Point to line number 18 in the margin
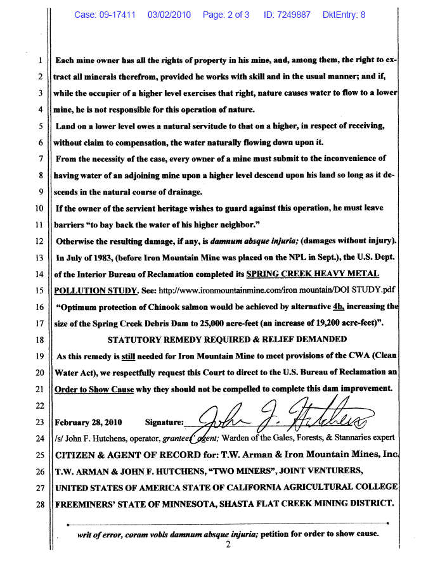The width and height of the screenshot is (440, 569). [39, 340]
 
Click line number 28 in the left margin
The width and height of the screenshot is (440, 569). [39, 504]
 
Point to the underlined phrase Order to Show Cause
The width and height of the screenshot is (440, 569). [94, 388]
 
